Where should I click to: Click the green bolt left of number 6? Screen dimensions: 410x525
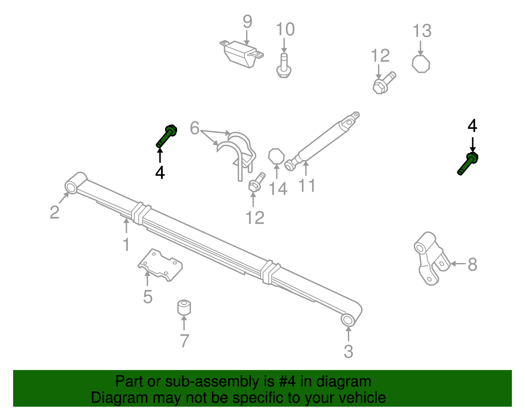[x=166, y=137]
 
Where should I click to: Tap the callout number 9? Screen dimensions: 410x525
[x=247, y=22]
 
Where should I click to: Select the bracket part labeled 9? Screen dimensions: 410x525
[x=241, y=54]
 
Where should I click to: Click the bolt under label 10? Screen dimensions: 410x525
[x=284, y=67]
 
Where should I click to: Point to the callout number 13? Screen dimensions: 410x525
[x=422, y=31]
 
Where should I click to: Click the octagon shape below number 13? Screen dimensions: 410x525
[x=421, y=64]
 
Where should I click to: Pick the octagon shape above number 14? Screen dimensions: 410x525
[x=276, y=156]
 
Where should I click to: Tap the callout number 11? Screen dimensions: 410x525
[x=307, y=186]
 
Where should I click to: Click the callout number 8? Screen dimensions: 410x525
[x=472, y=264]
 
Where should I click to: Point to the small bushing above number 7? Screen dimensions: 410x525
[x=184, y=307]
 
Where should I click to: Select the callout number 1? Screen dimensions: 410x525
[x=126, y=245]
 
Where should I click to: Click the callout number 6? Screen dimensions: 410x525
[x=195, y=128]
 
